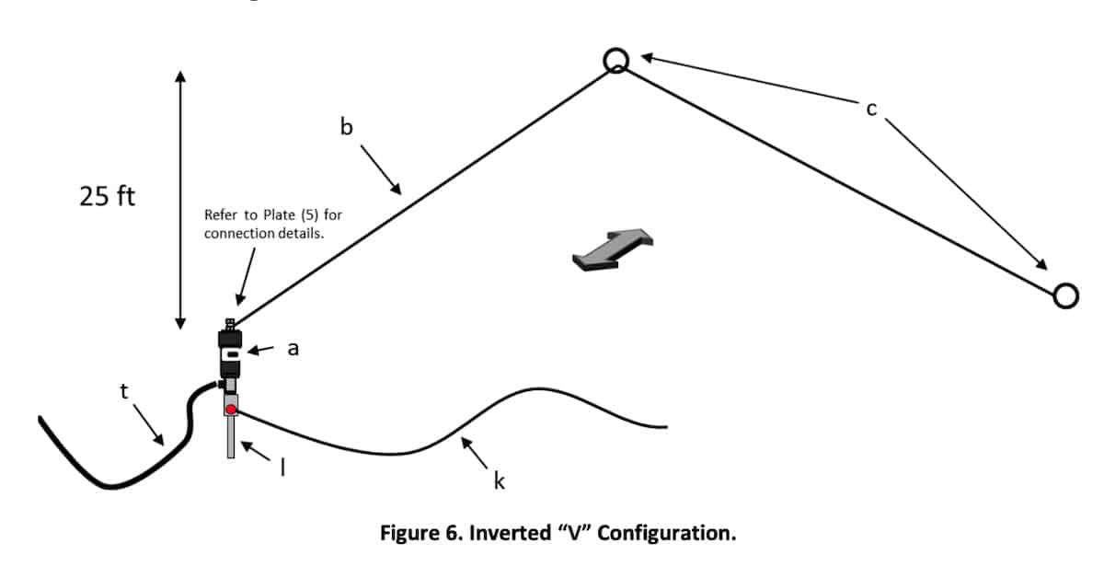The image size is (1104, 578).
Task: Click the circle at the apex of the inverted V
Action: tap(616, 61)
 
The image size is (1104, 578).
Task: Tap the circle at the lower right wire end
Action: tap(1065, 295)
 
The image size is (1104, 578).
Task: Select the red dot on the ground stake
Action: tap(231, 409)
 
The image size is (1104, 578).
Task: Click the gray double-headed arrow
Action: tap(613, 249)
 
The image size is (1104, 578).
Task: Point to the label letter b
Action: tap(346, 127)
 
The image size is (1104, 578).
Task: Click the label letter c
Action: tap(871, 110)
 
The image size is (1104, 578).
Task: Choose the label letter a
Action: tap(293, 349)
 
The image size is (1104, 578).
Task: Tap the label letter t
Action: tap(125, 390)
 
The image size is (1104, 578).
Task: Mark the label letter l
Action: tap(282, 468)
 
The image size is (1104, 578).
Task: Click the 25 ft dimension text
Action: tap(108, 197)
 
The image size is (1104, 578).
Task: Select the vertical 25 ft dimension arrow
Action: tap(180, 199)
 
